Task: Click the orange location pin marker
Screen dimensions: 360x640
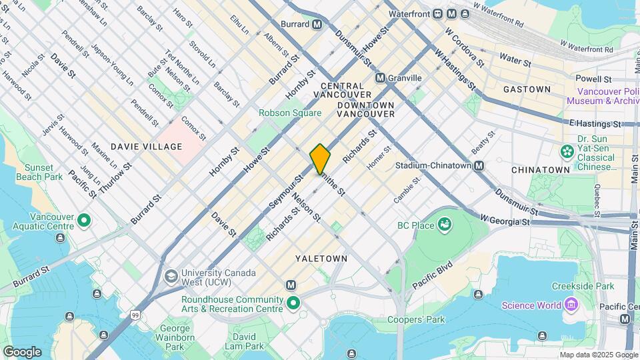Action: tap(320, 159)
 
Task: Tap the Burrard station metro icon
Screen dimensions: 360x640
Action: tap(317, 24)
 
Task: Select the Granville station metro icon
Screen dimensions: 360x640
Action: tap(380, 78)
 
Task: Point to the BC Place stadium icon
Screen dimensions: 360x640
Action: tap(444, 225)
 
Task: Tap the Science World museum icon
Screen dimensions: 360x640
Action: tap(570, 305)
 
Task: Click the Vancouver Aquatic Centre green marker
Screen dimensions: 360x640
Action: tap(84, 220)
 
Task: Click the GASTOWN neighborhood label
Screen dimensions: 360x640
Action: tap(527, 89)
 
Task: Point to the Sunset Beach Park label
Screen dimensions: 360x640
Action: tap(43, 172)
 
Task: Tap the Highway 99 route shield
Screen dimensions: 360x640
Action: tap(136, 315)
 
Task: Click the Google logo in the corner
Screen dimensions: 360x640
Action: tap(22, 351)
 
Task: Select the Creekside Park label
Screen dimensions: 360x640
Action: tap(582, 286)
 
